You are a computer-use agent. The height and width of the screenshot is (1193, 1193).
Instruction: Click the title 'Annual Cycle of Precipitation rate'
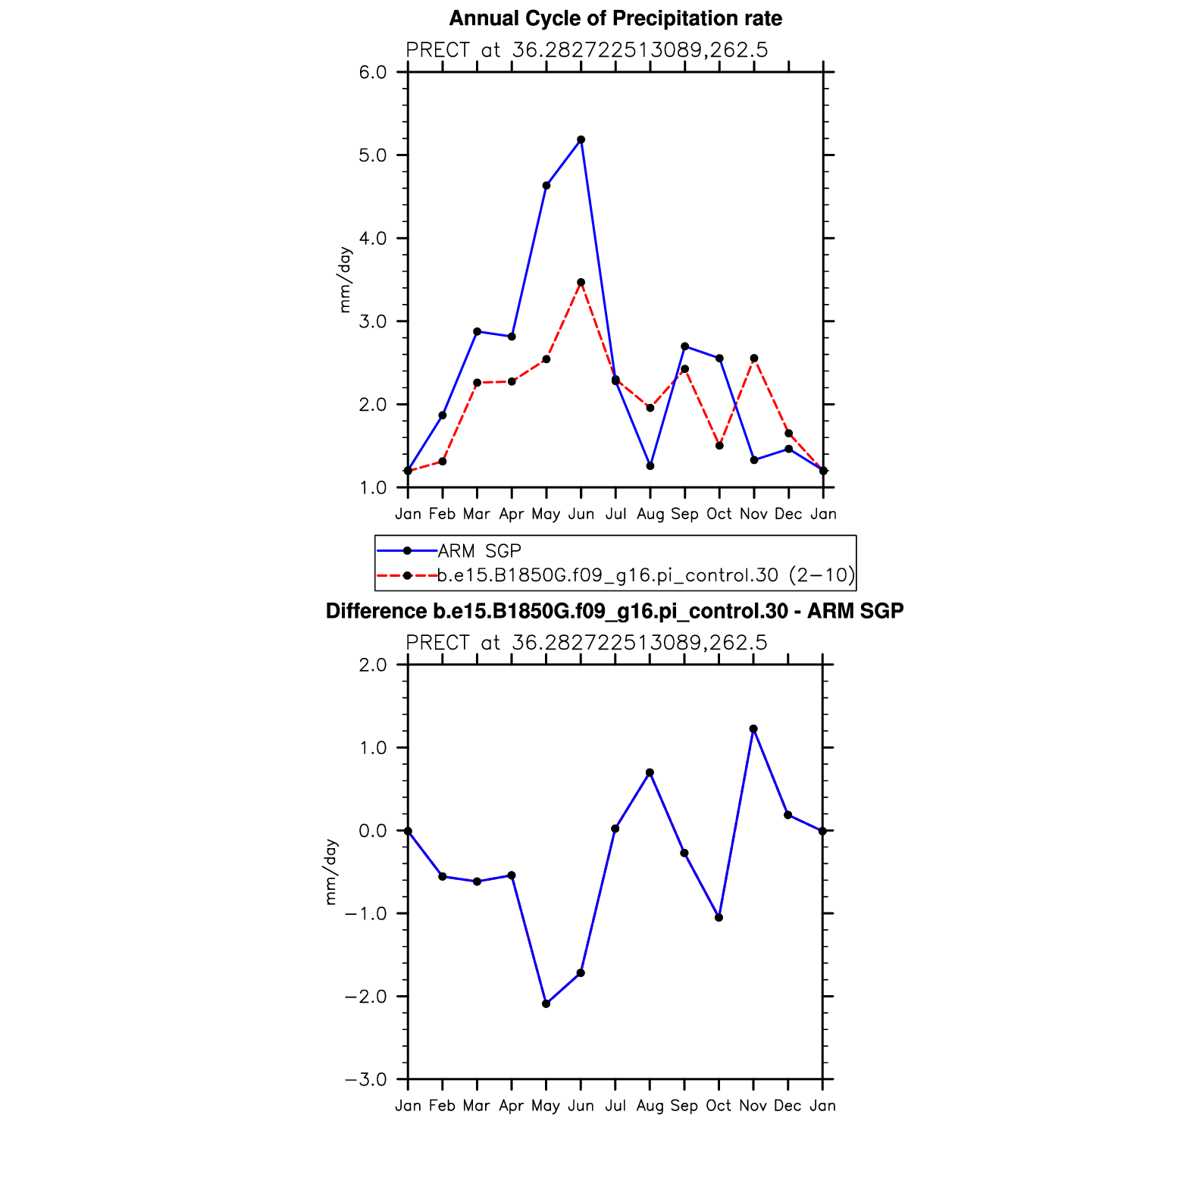pyautogui.click(x=615, y=19)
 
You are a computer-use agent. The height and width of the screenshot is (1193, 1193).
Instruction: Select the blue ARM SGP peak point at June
pyautogui.click(x=581, y=139)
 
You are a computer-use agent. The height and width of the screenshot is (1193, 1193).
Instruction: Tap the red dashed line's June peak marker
pyautogui.click(x=581, y=282)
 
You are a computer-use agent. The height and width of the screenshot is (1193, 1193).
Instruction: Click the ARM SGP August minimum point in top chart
pyautogui.click(x=650, y=466)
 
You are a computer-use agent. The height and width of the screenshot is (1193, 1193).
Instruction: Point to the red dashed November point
pyautogui.click(x=753, y=359)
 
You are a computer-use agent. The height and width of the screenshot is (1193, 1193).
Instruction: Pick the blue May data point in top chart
pyautogui.click(x=546, y=186)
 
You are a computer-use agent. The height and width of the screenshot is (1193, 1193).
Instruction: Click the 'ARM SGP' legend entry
pyautogui.click(x=479, y=551)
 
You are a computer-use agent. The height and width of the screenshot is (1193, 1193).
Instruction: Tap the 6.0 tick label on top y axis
pyautogui.click(x=372, y=73)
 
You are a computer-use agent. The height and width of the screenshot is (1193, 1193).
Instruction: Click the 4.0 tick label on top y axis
pyautogui.click(x=372, y=239)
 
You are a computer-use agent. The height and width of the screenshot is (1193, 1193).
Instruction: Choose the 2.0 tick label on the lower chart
pyautogui.click(x=372, y=665)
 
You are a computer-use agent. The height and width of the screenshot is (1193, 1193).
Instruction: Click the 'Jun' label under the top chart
pyautogui.click(x=581, y=514)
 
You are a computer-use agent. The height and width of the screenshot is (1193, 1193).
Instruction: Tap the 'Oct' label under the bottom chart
pyautogui.click(x=719, y=1106)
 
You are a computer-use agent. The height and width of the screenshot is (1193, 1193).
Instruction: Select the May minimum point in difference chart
pyautogui.click(x=546, y=1004)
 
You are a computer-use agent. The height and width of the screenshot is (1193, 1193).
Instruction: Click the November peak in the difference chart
pyautogui.click(x=753, y=729)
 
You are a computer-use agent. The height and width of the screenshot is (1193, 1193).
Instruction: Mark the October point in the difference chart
pyautogui.click(x=719, y=918)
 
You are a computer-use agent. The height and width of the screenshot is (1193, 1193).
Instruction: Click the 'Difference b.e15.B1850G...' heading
pyautogui.click(x=615, y=612)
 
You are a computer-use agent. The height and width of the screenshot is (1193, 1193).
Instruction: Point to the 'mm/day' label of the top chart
pyautogui.click(x=345, y=280)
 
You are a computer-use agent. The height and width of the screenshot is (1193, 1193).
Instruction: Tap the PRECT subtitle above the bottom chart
pyautogui.click(x=587, y=643)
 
